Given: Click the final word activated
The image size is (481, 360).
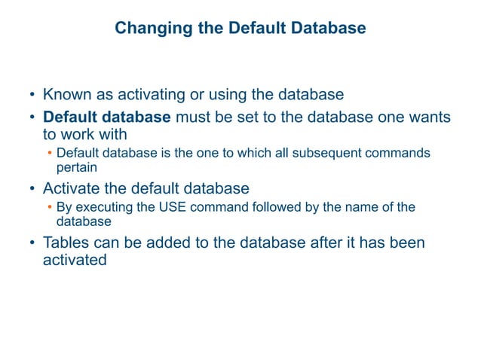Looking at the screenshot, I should pos(75,261).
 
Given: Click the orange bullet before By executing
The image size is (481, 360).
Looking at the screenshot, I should pos(49,207).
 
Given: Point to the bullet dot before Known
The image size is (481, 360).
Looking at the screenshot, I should pos(32,96).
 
